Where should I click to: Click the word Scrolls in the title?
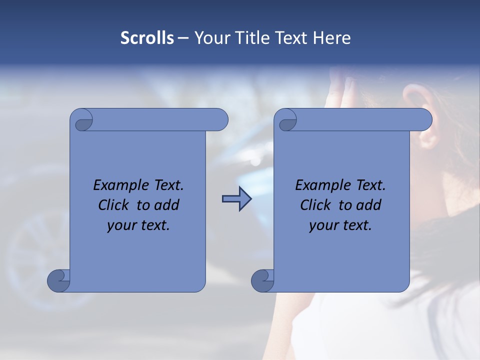pyautogui.click(x=147, y=38)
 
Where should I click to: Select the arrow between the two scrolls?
pyautogui.click(x=236, y=199)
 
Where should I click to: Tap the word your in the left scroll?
pyautogui.click(x=120, y=225)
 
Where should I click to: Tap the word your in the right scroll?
pyautogui.click(x=322, y=225)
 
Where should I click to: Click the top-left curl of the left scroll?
pyautogui.click(x=82, y=120)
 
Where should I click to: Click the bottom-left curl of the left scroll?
pyautogui.click(x=59, y=280)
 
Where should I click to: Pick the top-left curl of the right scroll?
pyautogui.click(x=286, y=120)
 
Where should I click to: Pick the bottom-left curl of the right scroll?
pyautogui.click(x=263, y=280)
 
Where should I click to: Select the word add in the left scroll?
pyautogui.click(x=167, y=205)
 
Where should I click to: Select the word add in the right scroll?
pyautogui.click(x=369, y=205)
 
